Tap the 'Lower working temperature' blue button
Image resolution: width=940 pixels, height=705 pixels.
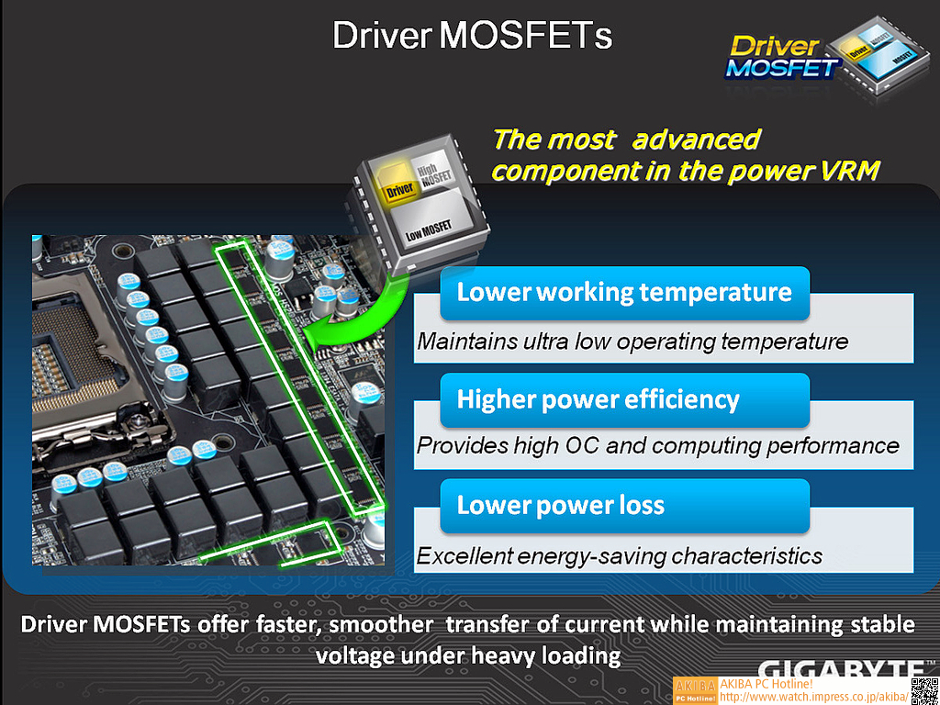click(x=624, y=293)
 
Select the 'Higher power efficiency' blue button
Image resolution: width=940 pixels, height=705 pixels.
click(x=624, y=400)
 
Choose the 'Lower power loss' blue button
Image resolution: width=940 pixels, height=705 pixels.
click(x=624, y=506)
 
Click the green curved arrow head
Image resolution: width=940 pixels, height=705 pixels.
click(x=324, y=333)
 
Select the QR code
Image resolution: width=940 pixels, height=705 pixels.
click(x=924, y=691)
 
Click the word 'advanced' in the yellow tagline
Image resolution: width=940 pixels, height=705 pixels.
click(x=697, y=140)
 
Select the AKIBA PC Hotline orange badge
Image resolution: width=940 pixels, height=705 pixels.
click(x=695, y=691)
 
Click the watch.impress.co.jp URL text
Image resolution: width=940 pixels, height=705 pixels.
click(x=814, y=698)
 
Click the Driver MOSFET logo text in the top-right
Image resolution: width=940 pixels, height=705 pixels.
click(x=780, y=58)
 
